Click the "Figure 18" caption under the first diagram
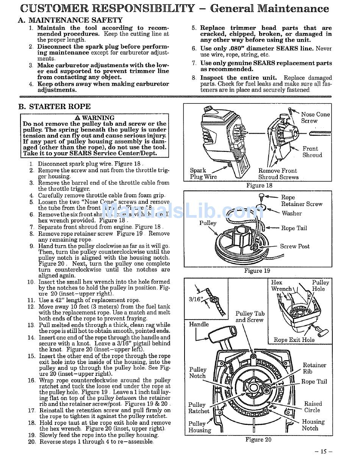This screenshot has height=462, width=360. point(259,186)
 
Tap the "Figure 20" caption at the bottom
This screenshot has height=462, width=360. point(258,440)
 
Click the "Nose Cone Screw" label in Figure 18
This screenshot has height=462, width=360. point(315,117)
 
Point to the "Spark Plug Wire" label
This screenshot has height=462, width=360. point(203,174)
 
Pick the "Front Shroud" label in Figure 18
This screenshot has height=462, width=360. point(312,152)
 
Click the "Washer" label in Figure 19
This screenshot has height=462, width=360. point(291,213)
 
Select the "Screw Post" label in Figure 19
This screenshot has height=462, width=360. point(294,246)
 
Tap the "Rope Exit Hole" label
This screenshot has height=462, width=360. point(294,340)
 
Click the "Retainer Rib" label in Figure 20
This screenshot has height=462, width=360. point(314,368)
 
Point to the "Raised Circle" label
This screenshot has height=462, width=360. point(313,407)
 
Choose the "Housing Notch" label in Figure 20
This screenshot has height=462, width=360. point(313,425)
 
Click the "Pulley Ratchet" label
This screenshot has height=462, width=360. point(199,408)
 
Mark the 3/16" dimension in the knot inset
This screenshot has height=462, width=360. point(196,299)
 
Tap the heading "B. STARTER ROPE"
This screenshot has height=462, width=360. point(55,106)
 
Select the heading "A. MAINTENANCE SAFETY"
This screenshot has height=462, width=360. point(70,20)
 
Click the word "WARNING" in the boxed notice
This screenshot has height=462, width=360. point(98,118)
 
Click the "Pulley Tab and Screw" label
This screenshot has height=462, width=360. point(250,317)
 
